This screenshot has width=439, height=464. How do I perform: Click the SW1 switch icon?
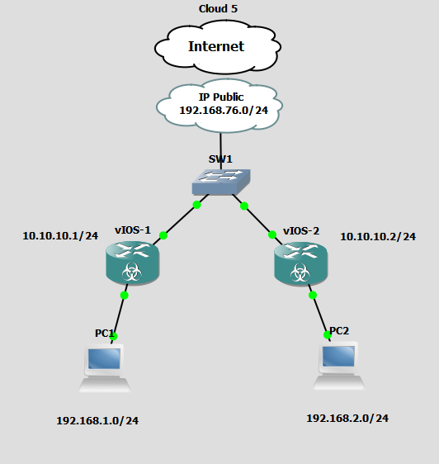click(x=219, y=182)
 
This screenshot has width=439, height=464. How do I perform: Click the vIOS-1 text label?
click(x=132, y=230)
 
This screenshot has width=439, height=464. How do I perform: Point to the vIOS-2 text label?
click(x=300, y=230)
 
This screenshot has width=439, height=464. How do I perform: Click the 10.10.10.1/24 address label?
click(x=60, y=236)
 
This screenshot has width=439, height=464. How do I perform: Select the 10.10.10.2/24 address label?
click(x=378, y=237)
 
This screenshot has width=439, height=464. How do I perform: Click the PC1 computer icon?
click(x=105, y=367)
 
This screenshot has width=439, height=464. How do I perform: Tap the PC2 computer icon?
click(x=338, y=367)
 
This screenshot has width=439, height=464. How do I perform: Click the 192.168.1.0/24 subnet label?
click(x=97, y=421)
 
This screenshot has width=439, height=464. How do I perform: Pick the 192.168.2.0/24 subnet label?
click(x=347, y=419)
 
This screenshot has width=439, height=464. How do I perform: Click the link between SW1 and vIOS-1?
click(x=180, y=220)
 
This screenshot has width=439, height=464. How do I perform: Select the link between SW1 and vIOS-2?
click(x=257, y=219)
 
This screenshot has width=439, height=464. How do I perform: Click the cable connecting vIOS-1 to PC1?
click(x=120, y=315)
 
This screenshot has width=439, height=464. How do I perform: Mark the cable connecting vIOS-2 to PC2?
click(x=319, y=314)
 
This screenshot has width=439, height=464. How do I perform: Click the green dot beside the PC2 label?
click(x=327, y=334)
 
